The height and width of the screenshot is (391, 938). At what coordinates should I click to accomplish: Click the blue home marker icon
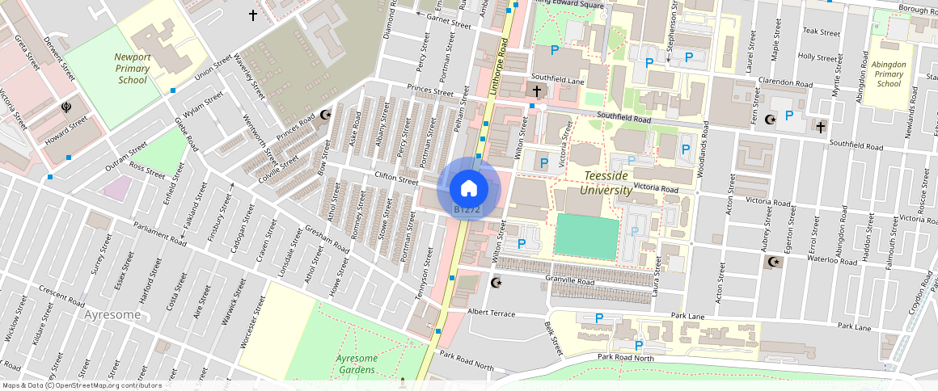coord(468,189)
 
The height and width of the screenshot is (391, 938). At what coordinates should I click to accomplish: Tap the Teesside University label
coord(606,183)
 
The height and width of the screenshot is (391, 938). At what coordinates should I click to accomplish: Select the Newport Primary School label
coord(133,69)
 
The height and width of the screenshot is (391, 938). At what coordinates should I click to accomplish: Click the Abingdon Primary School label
coord(889,74)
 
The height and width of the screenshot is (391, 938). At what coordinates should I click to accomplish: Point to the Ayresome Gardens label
coord(356,364)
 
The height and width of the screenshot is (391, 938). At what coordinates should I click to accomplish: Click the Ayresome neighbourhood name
coord(118,313)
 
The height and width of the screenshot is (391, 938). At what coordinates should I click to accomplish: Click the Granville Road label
coord(570,281)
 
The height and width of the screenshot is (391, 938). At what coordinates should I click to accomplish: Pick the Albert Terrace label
coord(491,312)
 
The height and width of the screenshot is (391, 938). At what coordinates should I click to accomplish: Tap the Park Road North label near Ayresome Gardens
coord(467,360)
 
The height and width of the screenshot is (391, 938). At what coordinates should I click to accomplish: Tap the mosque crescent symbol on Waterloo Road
coord(774,262)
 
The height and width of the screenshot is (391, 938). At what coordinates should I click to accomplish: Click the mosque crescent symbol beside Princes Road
coord(325,116)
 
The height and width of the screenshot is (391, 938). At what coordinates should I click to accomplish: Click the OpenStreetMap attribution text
coord(81,385)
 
